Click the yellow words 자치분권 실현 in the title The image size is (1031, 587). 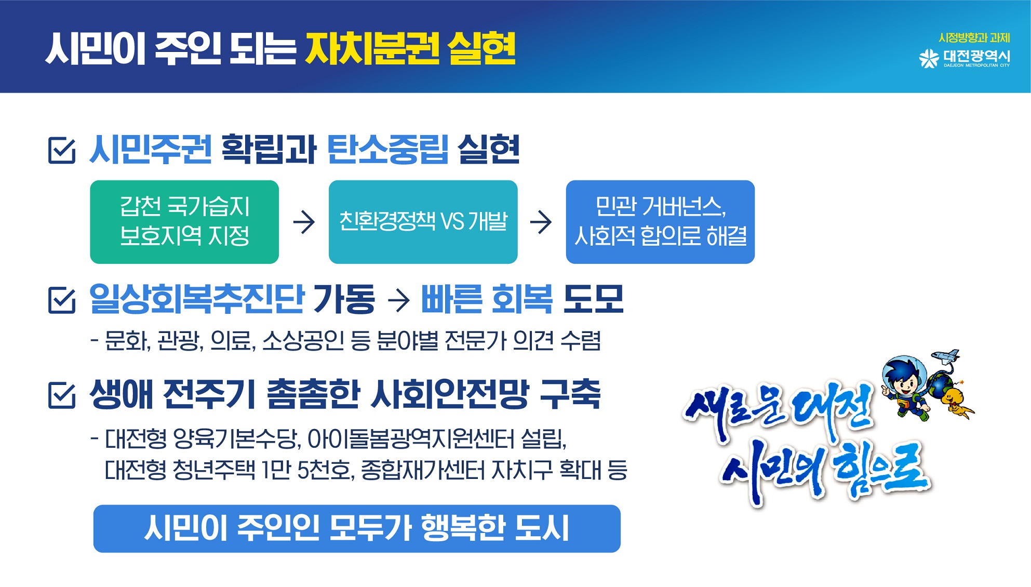[x=410, y=48]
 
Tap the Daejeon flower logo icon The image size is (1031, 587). [x=929, y=58]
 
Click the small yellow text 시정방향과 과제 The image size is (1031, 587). [x=974, y=38]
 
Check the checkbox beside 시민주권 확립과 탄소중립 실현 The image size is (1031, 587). [x=62, y=150]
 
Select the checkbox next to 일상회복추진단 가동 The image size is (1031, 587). [x=62, y=300]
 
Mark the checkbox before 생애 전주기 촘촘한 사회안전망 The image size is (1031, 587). [x=62, y=395]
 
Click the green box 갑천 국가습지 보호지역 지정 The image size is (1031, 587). [x=184, y=222]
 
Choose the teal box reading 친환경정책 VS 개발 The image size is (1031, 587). [x=423, y=222]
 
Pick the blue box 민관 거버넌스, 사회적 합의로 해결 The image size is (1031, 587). [x=660, y=222]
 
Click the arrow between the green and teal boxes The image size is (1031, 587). [x=304, y=222]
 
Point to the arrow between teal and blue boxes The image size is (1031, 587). [x=541, y=222]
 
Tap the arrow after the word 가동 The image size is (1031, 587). [x=398, y=300]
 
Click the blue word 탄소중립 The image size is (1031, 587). [x=387, y=150]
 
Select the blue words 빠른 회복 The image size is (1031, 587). [x=487, y=299]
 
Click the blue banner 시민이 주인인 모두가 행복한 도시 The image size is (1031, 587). [x=357, y=528]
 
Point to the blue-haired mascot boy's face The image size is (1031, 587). [x=905, y=383]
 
